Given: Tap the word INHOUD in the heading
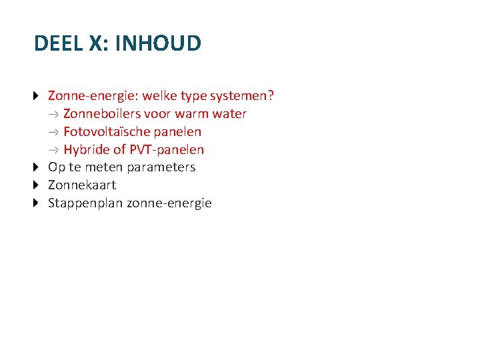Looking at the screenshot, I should (x=158, y=43).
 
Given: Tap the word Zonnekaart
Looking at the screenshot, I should (x=82, y=185).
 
